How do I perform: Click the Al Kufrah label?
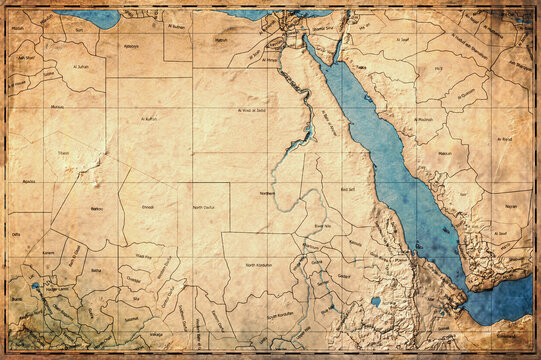150,119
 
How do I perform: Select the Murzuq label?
57,106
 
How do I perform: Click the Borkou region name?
97,208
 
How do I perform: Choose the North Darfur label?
205,207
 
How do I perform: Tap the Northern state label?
267,192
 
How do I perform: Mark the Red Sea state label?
349,188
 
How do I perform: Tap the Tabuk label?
361,67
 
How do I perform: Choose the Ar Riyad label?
504,139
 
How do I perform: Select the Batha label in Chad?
96,270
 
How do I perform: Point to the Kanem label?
48,253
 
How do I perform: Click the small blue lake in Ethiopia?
375,301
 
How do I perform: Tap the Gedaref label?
344,275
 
